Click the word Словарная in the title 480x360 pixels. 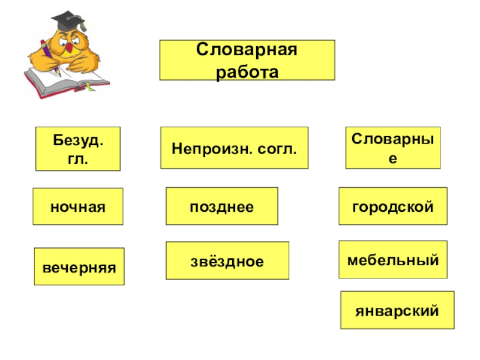point(247,50)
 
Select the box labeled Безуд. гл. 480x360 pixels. point(78,149)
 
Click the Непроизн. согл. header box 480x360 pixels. point(234,148)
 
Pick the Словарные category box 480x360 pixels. point(392,148)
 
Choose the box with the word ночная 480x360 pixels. point(78,206)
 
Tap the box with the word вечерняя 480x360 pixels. point(79,266)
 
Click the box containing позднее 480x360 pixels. point(222,206)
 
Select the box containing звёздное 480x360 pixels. point(227,261)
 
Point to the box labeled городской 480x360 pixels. point(393,206)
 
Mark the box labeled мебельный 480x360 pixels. point(393,260)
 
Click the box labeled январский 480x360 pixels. point(397,310)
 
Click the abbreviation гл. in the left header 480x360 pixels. point(78,159)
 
